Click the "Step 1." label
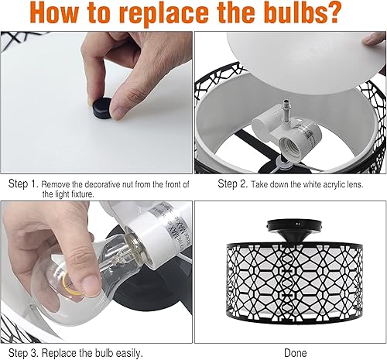coord(23,185)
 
